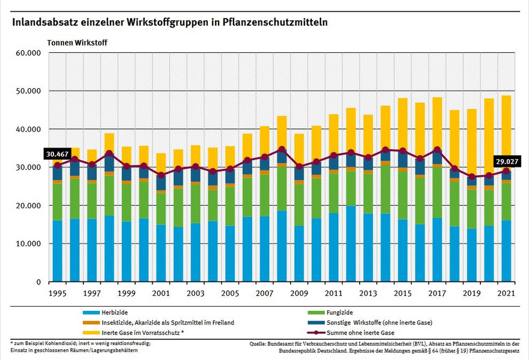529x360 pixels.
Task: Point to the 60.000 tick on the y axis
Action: pos(28,53)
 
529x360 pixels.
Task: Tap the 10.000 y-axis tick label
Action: pos(28,244)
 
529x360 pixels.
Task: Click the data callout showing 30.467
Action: pos(57,154)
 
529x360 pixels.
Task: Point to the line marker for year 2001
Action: pos(161,175)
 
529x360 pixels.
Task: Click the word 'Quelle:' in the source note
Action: pos(259,344)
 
